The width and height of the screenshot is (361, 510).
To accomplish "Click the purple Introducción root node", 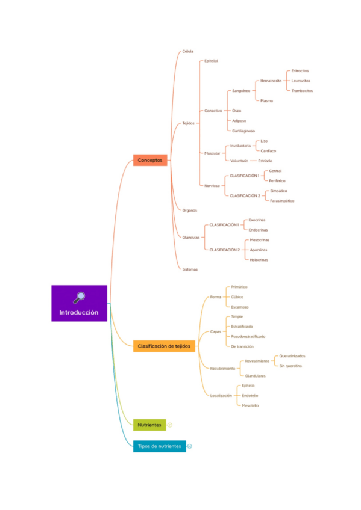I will pyautogui.click(x=79, y=304).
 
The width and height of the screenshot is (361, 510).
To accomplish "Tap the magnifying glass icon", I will pyautogui.click(x=79, y=296).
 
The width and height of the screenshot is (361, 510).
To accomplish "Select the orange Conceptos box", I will pyautogui.click(x=150, y=161).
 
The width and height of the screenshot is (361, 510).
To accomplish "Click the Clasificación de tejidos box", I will pyautogui.click(x=164, y=346).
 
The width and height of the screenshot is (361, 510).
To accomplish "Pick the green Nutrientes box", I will pyautogui.click(x=149, y=425).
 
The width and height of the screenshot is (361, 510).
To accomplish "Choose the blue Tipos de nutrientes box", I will pyautogui.click(x=159, y=446).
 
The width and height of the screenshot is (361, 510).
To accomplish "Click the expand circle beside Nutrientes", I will pyautogui.click(x=170, y=425).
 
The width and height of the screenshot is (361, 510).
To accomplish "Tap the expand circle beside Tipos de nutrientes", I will pyautogui.click(x=189, y=446).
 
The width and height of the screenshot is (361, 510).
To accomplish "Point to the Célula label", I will pyautogui.click(x=188, y=52).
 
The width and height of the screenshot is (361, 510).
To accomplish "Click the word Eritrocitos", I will pyautogui.click(x=300, y=70).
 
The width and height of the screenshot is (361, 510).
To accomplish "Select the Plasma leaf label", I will pyautogui.click(x=266, y=101).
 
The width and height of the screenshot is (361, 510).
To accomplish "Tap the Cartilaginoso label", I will pyautogui.click(x=243, y=131).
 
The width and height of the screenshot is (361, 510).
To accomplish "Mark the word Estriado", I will pyautogui.click(x=265, y=161).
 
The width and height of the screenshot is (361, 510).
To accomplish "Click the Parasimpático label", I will pyautogui.click(x=282, y=200).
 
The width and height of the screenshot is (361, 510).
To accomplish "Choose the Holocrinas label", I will pyautogui.click(x=259, y=260).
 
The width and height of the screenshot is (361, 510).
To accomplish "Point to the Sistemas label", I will pyautogui.click(x=190, y=269).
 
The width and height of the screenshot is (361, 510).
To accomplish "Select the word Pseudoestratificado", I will pyautogui.click(x=248, y=336).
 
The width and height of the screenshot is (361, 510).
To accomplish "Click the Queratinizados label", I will pyautogui.click(x=292, y=356).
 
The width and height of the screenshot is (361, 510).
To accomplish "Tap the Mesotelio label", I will pyautogui.click(x=250, y=405).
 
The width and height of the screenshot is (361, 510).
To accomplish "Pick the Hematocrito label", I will pyautogui.click(x=271, y=81).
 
